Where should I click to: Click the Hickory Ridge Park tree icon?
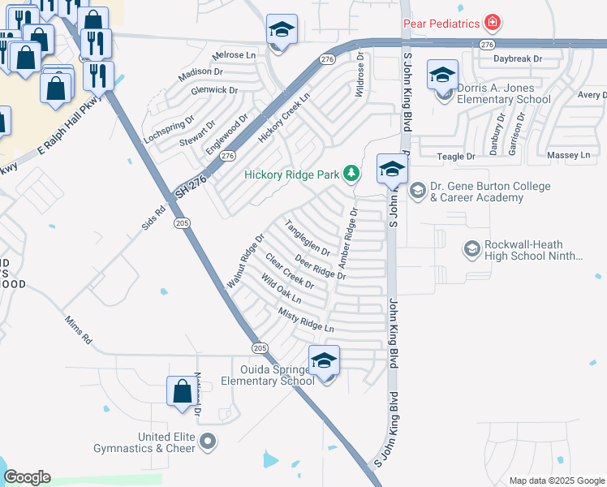click(351, 172)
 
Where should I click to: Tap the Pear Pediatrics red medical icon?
click(491, 22)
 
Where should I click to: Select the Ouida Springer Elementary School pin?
click(324, 360)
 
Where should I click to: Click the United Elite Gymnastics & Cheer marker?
click(209, 442)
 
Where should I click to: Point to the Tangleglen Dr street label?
click(308, 235)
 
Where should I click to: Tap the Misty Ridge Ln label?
click(306, 320)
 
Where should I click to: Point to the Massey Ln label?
click(569, 154)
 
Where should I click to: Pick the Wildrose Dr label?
click(359, 75)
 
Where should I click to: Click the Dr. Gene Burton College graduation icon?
click(418, 192)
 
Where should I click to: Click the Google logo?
click(26, 477)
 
